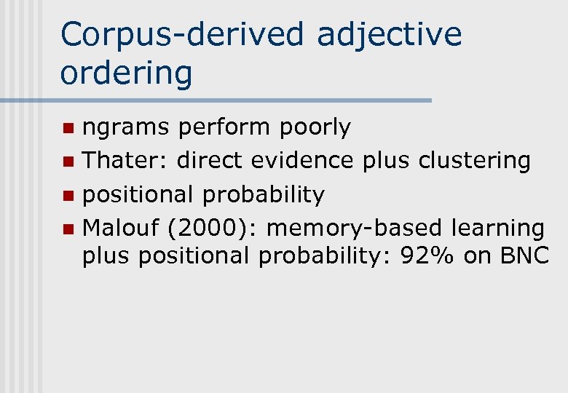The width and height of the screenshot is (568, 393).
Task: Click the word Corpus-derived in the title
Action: (181, 35)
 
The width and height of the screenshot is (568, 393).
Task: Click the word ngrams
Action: (126, 127)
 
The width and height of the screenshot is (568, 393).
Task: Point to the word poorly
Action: (315, 127)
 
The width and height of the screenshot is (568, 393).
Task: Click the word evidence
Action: (309, 160)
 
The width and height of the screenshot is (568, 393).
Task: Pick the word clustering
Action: (474, 160)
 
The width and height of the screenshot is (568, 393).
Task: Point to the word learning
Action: (497, 228)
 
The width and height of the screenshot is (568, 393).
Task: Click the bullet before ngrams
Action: (68, 129)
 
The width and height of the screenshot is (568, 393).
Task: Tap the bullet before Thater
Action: (68, 162)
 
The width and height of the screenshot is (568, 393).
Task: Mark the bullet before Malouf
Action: (68, 229)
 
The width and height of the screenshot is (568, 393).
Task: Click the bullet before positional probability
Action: (68, 196)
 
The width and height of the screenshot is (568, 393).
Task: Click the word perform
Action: (226, 127)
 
